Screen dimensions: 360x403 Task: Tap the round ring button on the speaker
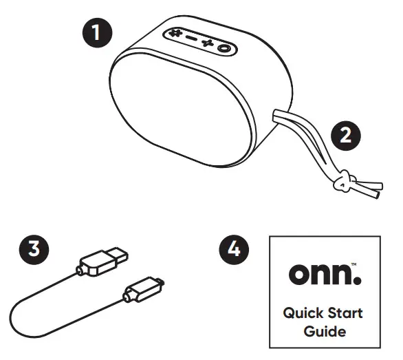[x=225, y=47]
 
